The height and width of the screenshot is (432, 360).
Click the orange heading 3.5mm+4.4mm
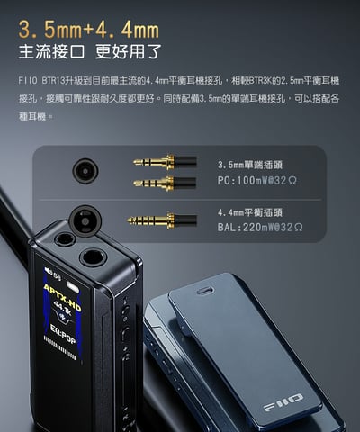click(x=88, y=20)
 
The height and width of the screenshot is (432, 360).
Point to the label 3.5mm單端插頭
click(x=250, y=166)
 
